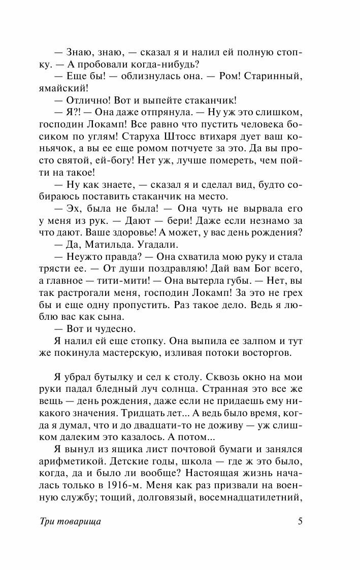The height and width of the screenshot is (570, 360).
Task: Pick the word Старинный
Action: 274,76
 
